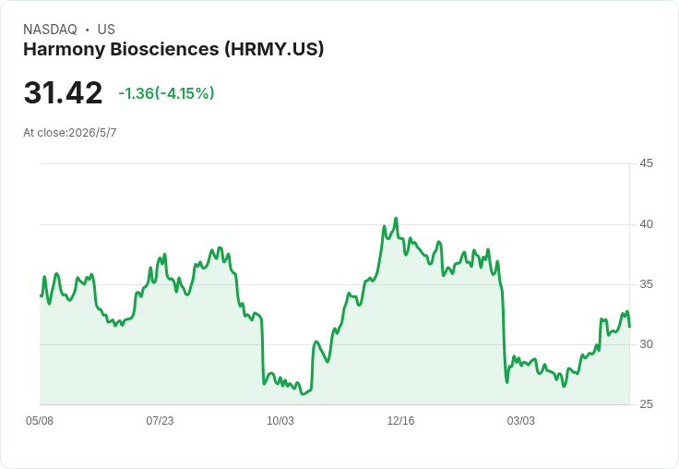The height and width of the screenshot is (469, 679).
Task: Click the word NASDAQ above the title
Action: tap(50, 30)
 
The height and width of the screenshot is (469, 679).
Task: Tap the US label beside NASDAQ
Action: tap(106, 30)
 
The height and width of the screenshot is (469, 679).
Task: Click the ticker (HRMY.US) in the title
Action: tap(274, 50)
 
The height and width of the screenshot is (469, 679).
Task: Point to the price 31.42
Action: tap(64, 92)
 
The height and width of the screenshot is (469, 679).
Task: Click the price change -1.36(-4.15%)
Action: tap(166, 93)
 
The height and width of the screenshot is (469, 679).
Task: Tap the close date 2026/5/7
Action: tap(92, 133)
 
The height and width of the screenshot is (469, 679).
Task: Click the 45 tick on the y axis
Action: tap(646, 163)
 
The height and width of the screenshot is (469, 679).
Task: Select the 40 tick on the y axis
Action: tap(646, 224)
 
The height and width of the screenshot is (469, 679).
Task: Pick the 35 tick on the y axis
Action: tap(646, 284)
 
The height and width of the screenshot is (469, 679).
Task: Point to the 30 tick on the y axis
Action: tap(646, 344)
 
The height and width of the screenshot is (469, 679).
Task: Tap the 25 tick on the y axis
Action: tap(646, 404)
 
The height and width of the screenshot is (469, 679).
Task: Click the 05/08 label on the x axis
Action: tap(40, 421)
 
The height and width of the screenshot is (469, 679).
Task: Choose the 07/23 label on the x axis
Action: tap(160, 421)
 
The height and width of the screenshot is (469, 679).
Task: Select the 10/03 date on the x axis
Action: tap(280, 421)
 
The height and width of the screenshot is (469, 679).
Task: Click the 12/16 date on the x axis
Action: tap(400, 421)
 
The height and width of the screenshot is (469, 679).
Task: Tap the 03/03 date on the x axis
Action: tap(521, 421)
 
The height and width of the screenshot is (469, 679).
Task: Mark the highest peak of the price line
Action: tap(396, 219)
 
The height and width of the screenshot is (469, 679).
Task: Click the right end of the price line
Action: tap(629, 327)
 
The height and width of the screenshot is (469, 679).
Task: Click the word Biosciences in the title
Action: tap(164, 50)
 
